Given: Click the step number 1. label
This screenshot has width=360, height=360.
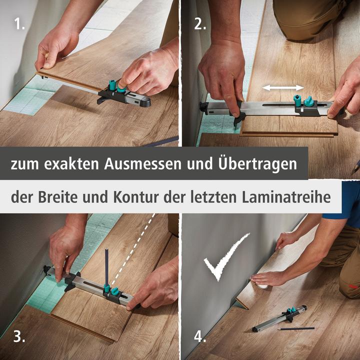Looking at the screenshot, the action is click(x=19, y=23).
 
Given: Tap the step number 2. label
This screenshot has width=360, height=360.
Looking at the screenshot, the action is click(x=200, y=23).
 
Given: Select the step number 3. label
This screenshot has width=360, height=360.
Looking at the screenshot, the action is click(x=19, y=336).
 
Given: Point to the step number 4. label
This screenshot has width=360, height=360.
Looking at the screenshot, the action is click(x=200, y=336).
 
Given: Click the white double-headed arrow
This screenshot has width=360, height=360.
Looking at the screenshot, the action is click(x=283, y=87).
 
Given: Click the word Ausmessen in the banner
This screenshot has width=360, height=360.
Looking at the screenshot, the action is click(x=142, y=164).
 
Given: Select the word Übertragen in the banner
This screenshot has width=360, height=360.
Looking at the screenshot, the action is click(x=258, y=163).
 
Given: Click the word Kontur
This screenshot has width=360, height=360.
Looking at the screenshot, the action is click(x=136, y=197).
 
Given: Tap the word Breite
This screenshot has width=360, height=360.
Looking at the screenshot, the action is click(x=57, y=197).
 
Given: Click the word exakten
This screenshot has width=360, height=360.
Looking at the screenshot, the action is click(x=71, y=164).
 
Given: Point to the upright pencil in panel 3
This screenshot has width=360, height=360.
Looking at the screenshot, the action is click(x=106, y=267).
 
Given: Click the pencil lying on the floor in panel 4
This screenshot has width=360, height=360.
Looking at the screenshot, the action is click(x=295, y=328).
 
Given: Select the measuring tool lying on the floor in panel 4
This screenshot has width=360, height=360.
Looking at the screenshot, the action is click(x=279, y=318).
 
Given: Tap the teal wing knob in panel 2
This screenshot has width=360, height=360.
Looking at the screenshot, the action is click(x=309, y=101).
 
